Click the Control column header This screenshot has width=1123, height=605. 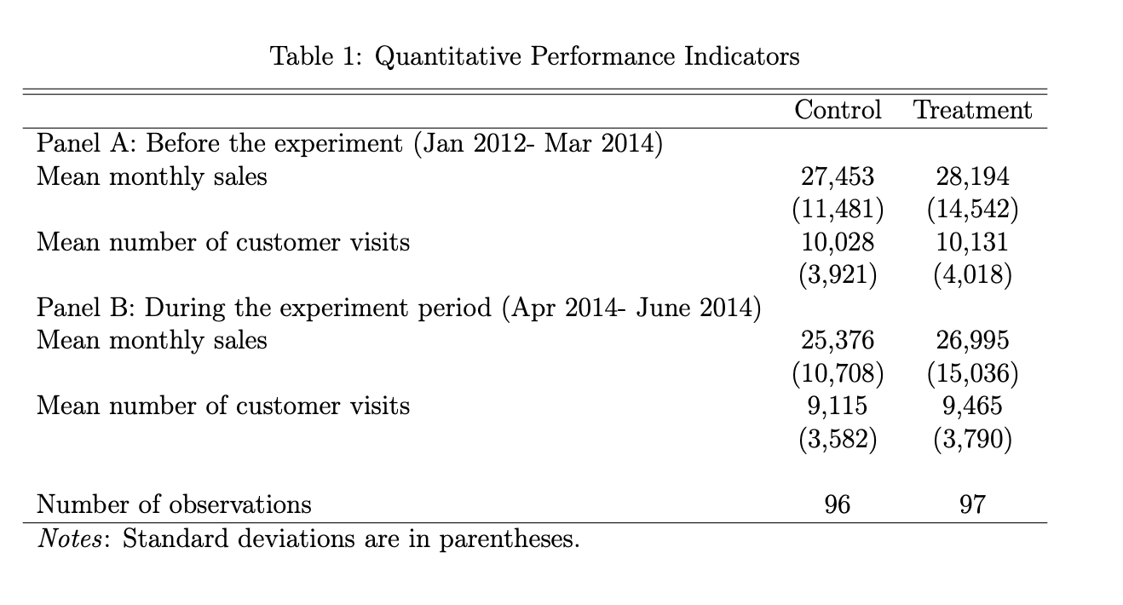click(837, 110)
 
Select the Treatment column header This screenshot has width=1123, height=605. click(971, 110)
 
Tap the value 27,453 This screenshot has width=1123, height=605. click(837, 176)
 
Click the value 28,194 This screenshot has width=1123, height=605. click(971, 176)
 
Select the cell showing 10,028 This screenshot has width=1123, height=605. click(837, 242)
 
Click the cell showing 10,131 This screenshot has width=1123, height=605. click(971, 242)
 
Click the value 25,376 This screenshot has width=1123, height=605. click(837, 340)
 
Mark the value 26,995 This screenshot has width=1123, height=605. click(971, 340)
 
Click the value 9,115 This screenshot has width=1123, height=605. click(837, 406)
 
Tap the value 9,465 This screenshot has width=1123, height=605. click(971, 406)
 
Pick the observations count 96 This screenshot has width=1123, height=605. click(837, 504)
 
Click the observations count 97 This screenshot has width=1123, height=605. click(971, 504)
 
